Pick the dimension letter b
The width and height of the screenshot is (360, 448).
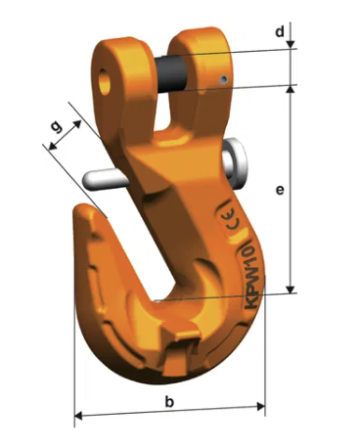[x=169, y=401]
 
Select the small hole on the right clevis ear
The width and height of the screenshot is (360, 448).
[x=224, y=79]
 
